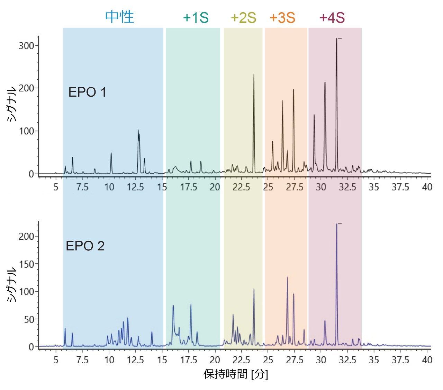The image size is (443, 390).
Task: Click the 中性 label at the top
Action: [119, 17]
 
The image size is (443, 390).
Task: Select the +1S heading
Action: [196, 18]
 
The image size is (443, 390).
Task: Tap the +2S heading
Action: [243, 18]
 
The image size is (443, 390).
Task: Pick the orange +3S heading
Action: [282, 18]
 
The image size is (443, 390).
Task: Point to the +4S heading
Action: [332, 18]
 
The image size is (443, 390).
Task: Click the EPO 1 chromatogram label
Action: [87, 92]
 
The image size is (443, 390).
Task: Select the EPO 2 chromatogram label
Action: [85, 246]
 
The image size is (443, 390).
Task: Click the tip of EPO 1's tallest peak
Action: [336, 39]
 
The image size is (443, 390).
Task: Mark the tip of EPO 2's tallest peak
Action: [336, 224]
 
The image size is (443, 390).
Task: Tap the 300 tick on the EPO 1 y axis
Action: [26, 46]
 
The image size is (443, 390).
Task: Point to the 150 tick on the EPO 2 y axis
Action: [26, 264]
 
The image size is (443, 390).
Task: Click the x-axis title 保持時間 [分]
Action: [236, 374]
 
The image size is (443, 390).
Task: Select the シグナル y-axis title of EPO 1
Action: [12, 104]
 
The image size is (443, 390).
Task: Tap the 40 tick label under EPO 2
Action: [427, 360]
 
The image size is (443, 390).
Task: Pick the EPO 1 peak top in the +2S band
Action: [254, 75]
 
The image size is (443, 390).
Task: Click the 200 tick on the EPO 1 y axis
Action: [26, 88]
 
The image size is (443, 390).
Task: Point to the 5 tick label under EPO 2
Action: [56, 360]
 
